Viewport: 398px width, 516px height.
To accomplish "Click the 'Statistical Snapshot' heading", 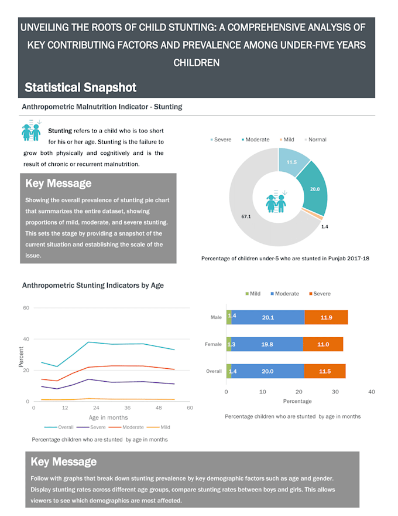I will [x=80, y=88].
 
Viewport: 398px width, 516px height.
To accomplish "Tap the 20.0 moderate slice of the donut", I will [x=315, y=189].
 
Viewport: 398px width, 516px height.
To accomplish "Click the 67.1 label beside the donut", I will [x=246, y=216].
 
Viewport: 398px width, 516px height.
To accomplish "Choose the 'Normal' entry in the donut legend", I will [x=317, y=140].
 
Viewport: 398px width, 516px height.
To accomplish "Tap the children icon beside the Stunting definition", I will [x=31, y=131].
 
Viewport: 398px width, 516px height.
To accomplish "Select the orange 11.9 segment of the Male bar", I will [x=326, y=317].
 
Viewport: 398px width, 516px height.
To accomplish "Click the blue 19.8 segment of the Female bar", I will [x=267, y=344].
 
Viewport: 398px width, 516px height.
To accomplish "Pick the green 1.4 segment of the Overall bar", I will [x=229, y=371].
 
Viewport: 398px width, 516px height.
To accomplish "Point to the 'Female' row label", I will [x=213, y=344].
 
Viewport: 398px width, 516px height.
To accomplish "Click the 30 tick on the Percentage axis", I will [x=335, y=392].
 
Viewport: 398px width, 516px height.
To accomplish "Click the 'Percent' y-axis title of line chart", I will [x=20, y=357].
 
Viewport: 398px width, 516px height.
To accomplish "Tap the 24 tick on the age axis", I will [x=96, y=408].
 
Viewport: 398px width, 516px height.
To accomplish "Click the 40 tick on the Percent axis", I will [x=26, y=339].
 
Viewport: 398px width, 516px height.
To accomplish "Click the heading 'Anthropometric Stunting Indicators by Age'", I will [x=92, y=286].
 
